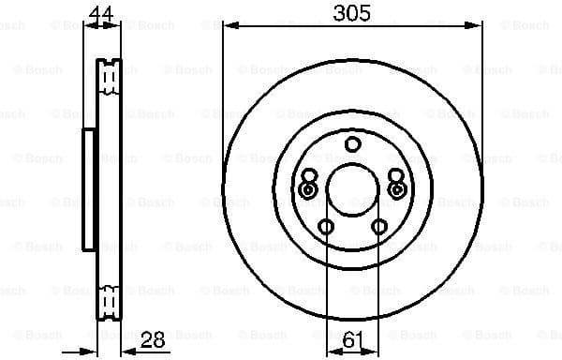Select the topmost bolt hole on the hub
(352, 144)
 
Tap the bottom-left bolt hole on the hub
(326, 226)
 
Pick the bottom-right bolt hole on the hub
(378, 226)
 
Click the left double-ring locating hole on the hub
(308, 189)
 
